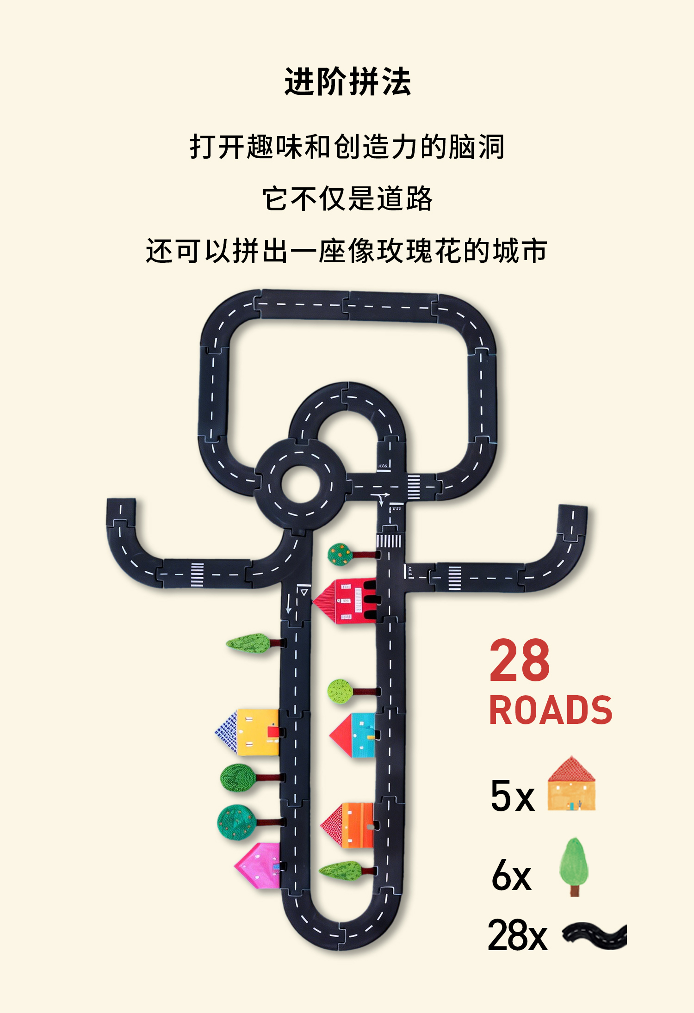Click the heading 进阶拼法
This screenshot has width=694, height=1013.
pos(347,82)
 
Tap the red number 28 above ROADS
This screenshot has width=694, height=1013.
pos(520,661)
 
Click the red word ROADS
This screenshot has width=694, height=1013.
pos(551,710)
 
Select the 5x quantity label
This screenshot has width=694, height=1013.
pos(512,796)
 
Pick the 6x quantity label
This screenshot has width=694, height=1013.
pos(511,875)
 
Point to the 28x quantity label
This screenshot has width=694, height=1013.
pos(517,935)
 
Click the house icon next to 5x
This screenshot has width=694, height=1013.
pos(571,784)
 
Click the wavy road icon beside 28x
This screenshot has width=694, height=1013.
pos(595,935)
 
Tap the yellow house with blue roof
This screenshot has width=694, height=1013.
pos(250,732)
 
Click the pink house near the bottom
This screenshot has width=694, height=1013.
pos(259,865)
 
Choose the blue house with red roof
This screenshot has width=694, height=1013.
pos(354,735)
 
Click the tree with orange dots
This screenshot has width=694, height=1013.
pos(341,554)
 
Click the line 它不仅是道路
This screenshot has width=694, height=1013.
pos(347,199)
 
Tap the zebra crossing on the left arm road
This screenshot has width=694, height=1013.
pos(197,574)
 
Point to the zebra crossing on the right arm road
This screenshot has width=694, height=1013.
pos(454,578)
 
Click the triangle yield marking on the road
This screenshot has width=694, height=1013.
pos(304,592)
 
